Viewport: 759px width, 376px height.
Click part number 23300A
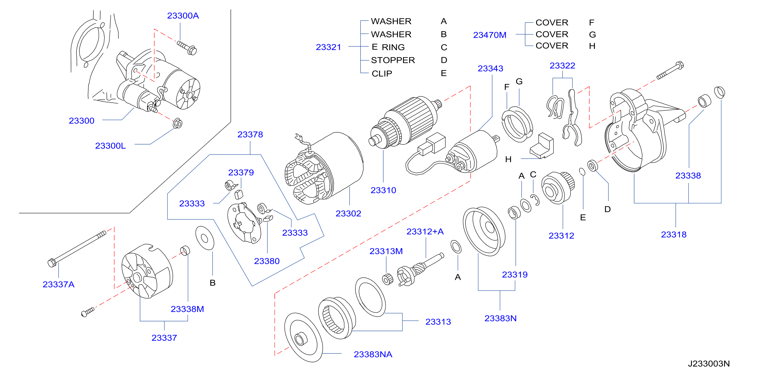[x=183, y=16]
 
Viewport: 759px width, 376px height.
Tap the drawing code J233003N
[x=709, y=364]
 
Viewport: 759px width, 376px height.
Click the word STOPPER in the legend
[x=393, y=60]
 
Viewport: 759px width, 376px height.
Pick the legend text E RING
[x=388, y=47]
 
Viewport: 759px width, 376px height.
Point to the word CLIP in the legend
[x=382, y=73]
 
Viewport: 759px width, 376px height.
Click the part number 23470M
[x=489, y=35]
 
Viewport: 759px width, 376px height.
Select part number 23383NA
[x=373, y=354]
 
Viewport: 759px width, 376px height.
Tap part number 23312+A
[x=425, y=232]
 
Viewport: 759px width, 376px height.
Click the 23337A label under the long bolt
[x=58, y=284]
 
